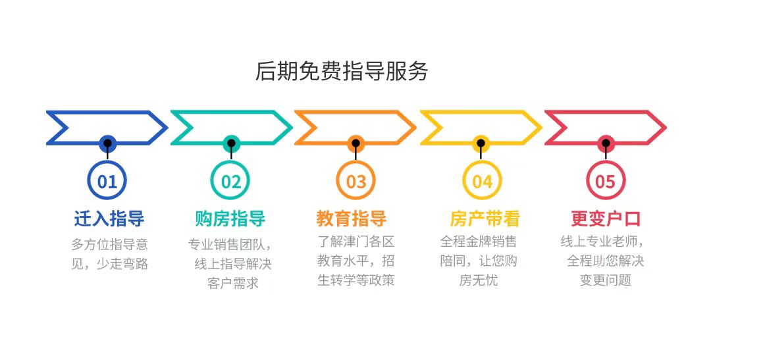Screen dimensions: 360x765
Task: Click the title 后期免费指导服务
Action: tap(342, 71)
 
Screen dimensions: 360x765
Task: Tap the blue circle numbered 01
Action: tap(107, 181)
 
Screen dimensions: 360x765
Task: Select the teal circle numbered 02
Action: tap(231, 181)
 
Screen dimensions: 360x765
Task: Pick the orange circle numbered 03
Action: tap(356, 181)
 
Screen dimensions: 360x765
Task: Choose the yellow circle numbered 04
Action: tap(481, 181)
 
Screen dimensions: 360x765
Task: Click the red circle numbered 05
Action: tap(605, 181)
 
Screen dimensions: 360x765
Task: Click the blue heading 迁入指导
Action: tap(109, 219)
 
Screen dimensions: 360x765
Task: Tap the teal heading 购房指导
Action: tap(230, 219)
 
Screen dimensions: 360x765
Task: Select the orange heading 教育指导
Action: tap(352, 219)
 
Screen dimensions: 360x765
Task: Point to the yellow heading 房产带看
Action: tap(485, 219)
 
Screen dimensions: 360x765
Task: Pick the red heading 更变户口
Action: tap(606, 219)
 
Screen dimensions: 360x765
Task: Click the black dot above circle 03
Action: tap(356, 143)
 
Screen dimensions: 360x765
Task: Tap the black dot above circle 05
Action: tap(605, 143)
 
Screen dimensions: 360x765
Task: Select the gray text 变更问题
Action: tap(605, 280)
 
